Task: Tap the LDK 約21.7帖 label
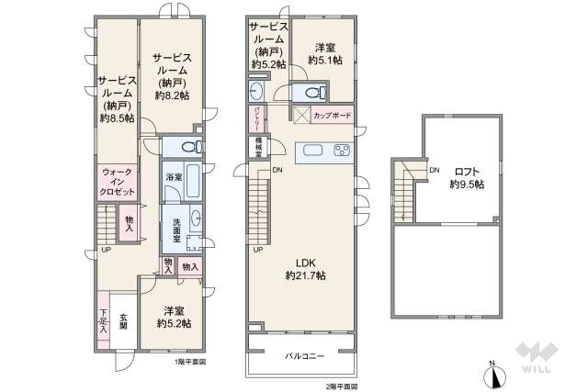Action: pos(305,267)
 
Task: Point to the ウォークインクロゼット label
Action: pos(117,182)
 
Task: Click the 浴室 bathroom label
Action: pos(172,175)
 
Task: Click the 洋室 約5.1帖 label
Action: pos(324,53)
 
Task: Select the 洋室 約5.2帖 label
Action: pos(173,316)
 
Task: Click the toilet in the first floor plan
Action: pos(191,147)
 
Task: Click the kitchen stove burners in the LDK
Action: pos(341,151)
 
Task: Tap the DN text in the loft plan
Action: pos(435,170)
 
